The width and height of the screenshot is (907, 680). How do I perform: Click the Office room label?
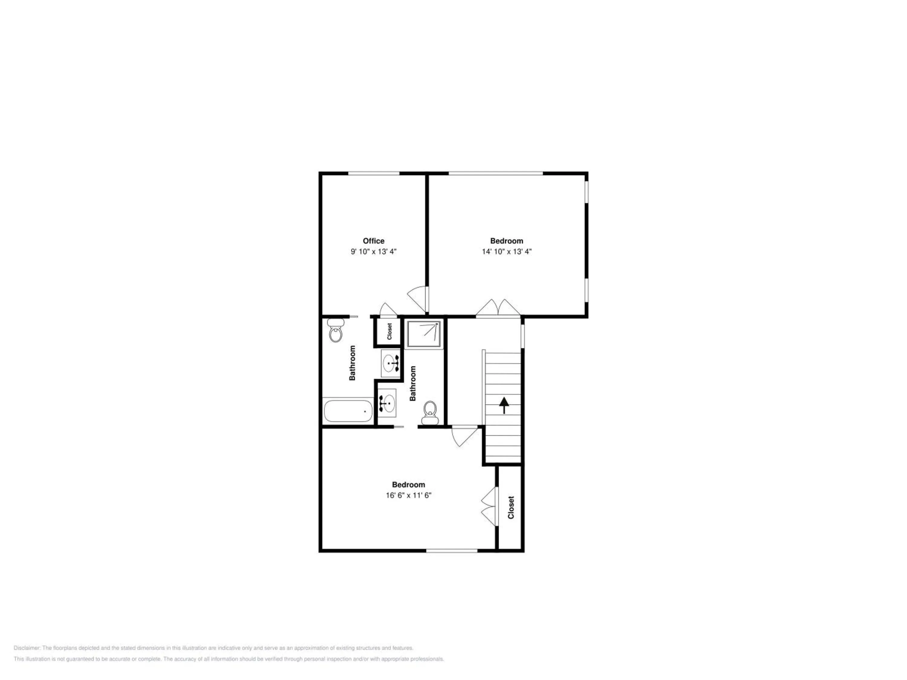point(374,241)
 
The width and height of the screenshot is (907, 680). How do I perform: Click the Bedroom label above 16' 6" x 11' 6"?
point(408,485)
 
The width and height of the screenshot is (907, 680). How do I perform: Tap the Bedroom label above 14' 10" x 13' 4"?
point(507,241)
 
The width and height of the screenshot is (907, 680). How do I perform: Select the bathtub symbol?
point(348,411)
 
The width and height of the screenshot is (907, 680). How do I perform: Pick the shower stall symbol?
point(424,335)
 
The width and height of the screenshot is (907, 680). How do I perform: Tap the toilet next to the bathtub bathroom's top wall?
point(336,330)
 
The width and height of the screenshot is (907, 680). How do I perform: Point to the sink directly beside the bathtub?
point(387,403)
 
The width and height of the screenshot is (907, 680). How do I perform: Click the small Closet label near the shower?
point(389,331)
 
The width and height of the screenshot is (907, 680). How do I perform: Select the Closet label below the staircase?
point(511,507)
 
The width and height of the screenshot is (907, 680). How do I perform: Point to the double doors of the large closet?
point(489,506)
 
